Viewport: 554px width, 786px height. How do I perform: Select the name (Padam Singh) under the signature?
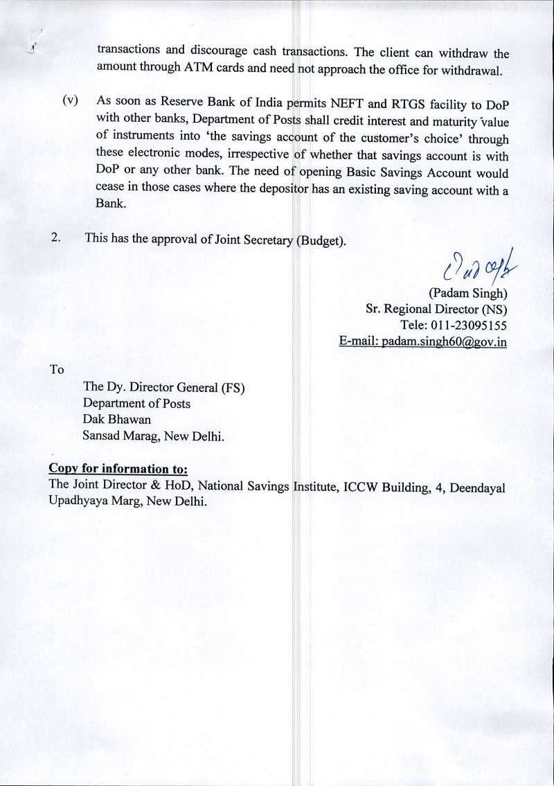point(468,294)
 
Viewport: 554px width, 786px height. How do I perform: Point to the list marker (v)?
point(70,100)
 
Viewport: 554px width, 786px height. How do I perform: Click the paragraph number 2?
point(56,238)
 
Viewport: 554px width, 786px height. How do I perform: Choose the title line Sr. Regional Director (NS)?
point(436,310)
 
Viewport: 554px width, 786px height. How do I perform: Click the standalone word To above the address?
point(57,369)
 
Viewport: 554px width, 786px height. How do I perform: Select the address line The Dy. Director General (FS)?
point(164,387)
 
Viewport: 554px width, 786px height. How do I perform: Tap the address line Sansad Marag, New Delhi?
point(153,436)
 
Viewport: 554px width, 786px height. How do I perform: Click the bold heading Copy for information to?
point(118,470)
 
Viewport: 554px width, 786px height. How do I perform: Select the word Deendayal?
point(478,487)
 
